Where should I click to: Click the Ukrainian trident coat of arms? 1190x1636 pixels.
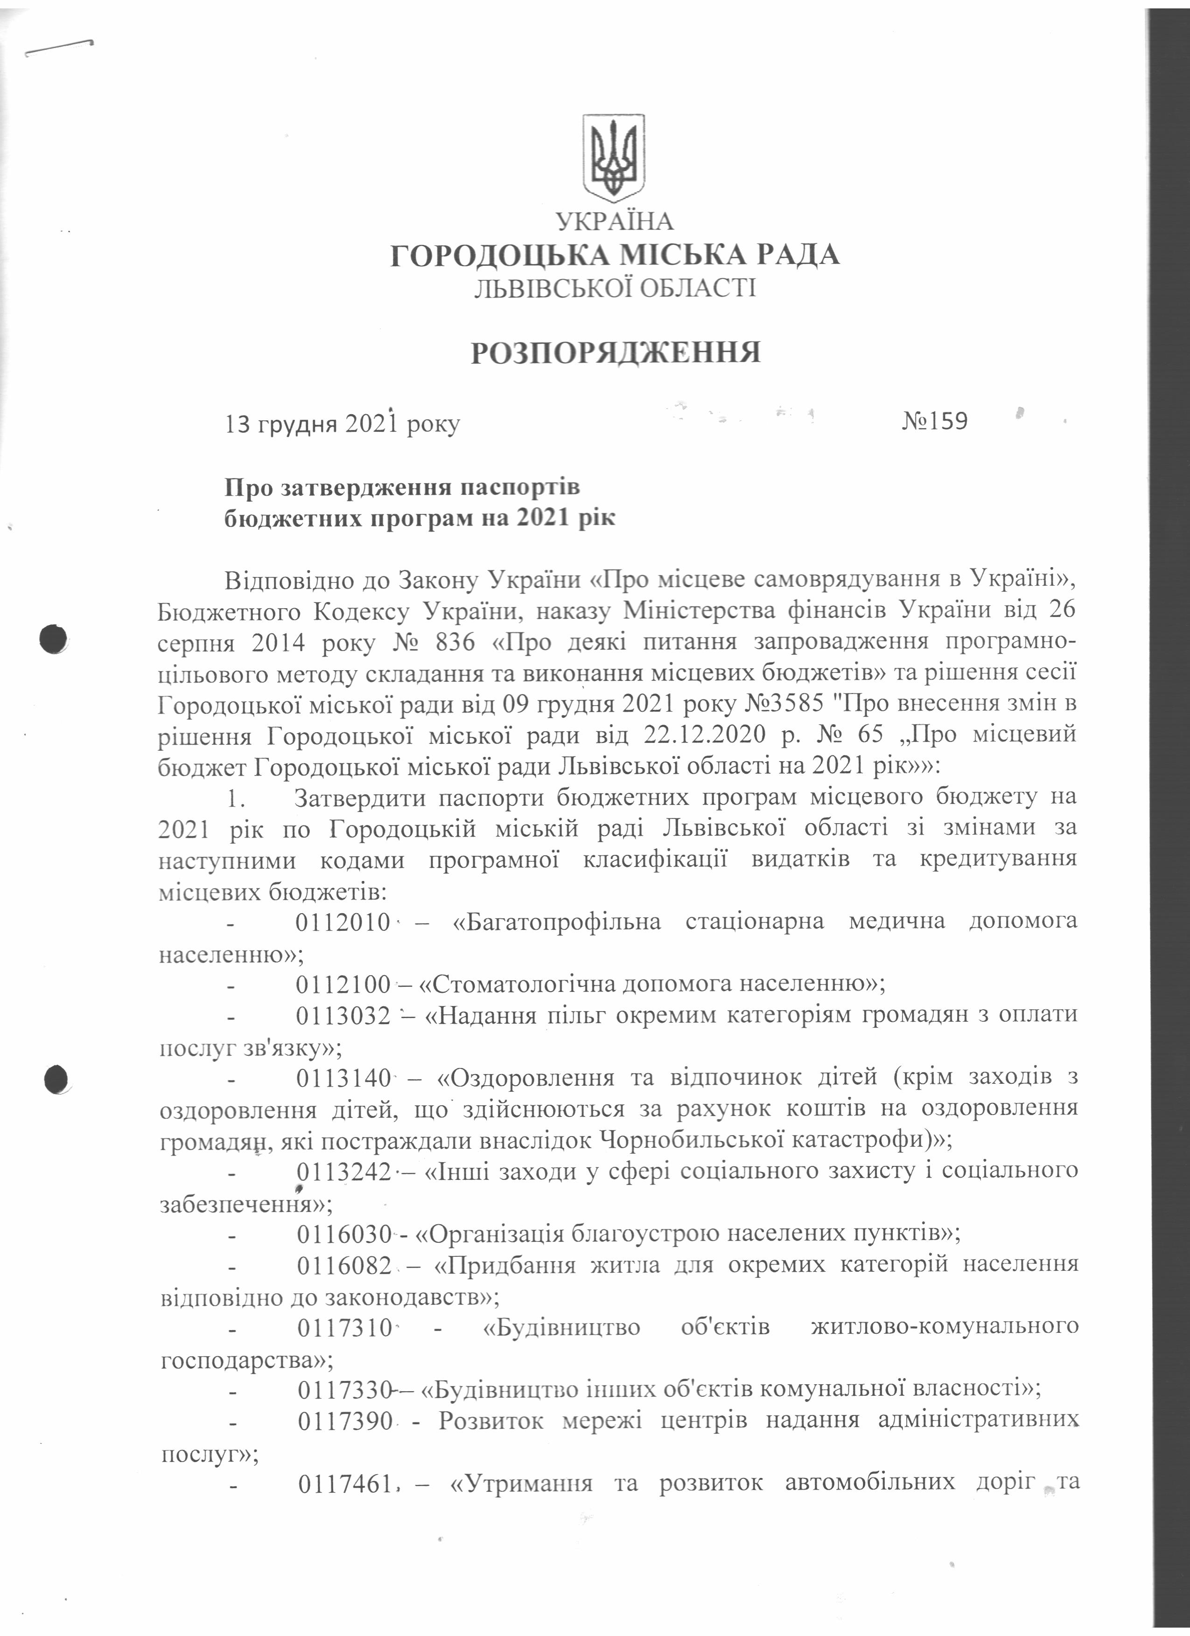click(613, 157)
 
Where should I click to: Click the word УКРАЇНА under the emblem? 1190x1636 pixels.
click(614, 222)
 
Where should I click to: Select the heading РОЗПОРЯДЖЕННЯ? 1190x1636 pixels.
click(616, 353)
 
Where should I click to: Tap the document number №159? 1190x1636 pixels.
click(935, 421)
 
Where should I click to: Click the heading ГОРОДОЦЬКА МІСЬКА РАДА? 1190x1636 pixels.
click(615, 256)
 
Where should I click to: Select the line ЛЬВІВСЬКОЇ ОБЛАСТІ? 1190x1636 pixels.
click(615, 289)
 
